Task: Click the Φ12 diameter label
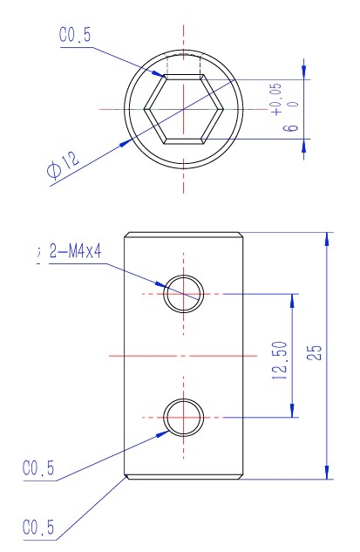tap(64, 165)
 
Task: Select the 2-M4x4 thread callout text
tap(75, 251)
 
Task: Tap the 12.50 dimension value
tap(280, 360)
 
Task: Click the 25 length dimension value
tap(315, 352)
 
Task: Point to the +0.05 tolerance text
tap(277, 99)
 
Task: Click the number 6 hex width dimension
tap(291, 127)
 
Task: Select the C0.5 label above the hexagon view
tap(75, 35)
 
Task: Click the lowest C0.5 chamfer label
tap(38, 528)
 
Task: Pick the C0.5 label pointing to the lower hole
tap(38, 468)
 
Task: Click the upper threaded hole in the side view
tap(184, 294)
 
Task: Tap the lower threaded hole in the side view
tap(184, 418)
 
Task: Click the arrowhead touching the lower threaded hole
tap(163, 433)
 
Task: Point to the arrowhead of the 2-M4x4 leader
tap(160, 283)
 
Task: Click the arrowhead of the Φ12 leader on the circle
tap(126, 142)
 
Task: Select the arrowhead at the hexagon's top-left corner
tap(158, 73)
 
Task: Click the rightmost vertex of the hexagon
tap(224, 109)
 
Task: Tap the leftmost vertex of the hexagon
tap(144, 109)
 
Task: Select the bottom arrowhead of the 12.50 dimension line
tap(292, 410)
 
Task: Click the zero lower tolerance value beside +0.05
tap(295, 104)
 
